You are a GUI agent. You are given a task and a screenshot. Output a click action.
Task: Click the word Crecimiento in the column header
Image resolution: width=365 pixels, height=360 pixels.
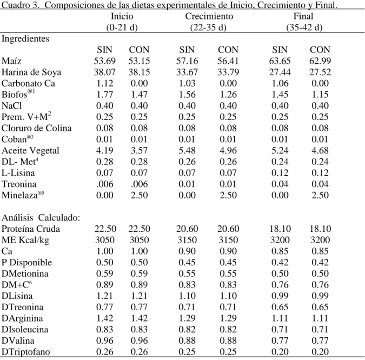tap(209, 16)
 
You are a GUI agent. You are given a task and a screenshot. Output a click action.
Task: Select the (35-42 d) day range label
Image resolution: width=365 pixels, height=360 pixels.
tap(304, 28)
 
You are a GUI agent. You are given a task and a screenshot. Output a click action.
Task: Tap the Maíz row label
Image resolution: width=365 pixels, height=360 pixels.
tap(11, 61)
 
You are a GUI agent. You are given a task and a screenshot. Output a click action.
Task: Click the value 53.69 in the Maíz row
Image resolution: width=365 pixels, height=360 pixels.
tap(105, 61)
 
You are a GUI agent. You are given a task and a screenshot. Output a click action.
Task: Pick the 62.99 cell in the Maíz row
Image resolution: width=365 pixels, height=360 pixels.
tap(320, 61)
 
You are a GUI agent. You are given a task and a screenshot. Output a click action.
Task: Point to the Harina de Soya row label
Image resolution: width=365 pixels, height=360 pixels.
tap(31, 72)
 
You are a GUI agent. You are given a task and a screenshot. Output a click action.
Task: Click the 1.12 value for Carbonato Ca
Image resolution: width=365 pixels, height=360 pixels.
tap(105, 83)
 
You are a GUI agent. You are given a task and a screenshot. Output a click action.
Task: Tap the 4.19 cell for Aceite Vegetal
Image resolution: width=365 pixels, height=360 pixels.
tap(105, 150)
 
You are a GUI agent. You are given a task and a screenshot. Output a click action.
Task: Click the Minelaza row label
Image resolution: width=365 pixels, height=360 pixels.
tap(23, 195)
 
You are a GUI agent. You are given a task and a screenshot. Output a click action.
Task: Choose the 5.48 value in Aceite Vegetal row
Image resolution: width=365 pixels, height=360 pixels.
tap(187, 150)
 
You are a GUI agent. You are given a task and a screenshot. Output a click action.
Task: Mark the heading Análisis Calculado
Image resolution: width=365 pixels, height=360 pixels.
tap(41, 218)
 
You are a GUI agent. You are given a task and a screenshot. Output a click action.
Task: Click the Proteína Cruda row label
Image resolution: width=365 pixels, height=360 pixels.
tap(31, 229)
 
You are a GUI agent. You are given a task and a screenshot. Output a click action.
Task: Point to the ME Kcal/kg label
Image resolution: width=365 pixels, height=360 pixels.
tap(25, 240)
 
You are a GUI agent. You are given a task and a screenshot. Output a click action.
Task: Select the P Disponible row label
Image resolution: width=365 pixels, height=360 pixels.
tap(27, 262)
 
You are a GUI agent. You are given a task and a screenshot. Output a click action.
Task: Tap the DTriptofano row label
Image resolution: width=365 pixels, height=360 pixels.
tap(25, 352)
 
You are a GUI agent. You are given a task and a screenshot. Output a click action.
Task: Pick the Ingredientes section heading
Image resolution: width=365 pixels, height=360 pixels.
tap(25, 38)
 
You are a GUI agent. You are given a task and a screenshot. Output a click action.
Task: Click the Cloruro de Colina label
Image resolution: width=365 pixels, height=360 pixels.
tap(37, 128)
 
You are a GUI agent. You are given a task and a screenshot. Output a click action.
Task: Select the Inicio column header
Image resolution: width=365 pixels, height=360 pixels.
tap(122, 16)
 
